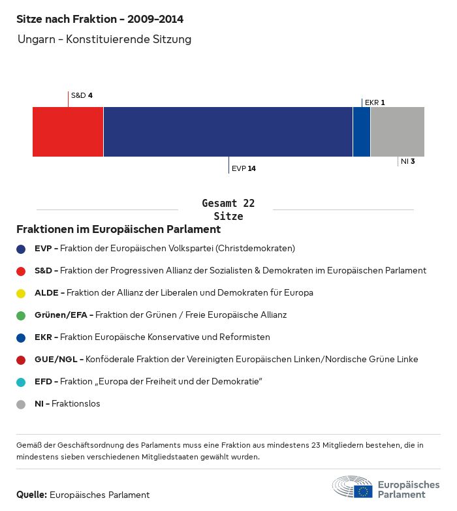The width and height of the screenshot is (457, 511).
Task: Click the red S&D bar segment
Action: pyautogui.click(x=68, y=132)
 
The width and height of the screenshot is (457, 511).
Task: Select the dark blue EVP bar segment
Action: pyautogui.click(x=228, y=132)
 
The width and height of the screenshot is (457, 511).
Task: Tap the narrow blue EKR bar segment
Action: pyautogui.click(x=362, y=132)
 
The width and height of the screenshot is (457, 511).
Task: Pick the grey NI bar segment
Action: pyautogui.click(x=397, y=132)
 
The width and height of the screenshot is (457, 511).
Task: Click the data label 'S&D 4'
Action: pyautogui.click(x=82, y=95)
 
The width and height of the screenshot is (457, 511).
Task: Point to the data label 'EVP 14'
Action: pyautogui.click(x=244, y=168)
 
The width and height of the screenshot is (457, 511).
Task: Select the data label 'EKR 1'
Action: pyautogui.click(x=375, y=102)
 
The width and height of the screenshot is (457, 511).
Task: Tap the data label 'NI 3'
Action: pyautogui.click(x=408, y=161)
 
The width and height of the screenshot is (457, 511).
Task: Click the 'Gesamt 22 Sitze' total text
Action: pyautogui.click(x=228, y=210)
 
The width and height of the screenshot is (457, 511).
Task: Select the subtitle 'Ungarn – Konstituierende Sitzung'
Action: pyautogui.click(x=104, y=40)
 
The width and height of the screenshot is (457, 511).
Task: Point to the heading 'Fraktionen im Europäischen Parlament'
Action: pyautogui.click(x=118, y=230)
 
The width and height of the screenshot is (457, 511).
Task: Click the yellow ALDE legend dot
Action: pyautogui.click(x=21, y=293)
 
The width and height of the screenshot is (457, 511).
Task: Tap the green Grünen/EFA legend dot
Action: pyautogui.click(x=21, y=315)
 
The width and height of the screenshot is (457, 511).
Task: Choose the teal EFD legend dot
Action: pyautogui.click(x=21, y=382)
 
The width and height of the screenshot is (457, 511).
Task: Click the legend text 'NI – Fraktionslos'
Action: pyautogui.click(x=67, y=404)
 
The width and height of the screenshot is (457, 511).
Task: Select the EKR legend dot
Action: pyautogui.click(x=21, y=337)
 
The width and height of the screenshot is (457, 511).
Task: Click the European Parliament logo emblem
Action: pyautogui.click(x=353, y=488)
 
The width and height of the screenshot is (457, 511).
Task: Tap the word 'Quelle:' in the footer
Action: pyautogui.click(x=31, y=495)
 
